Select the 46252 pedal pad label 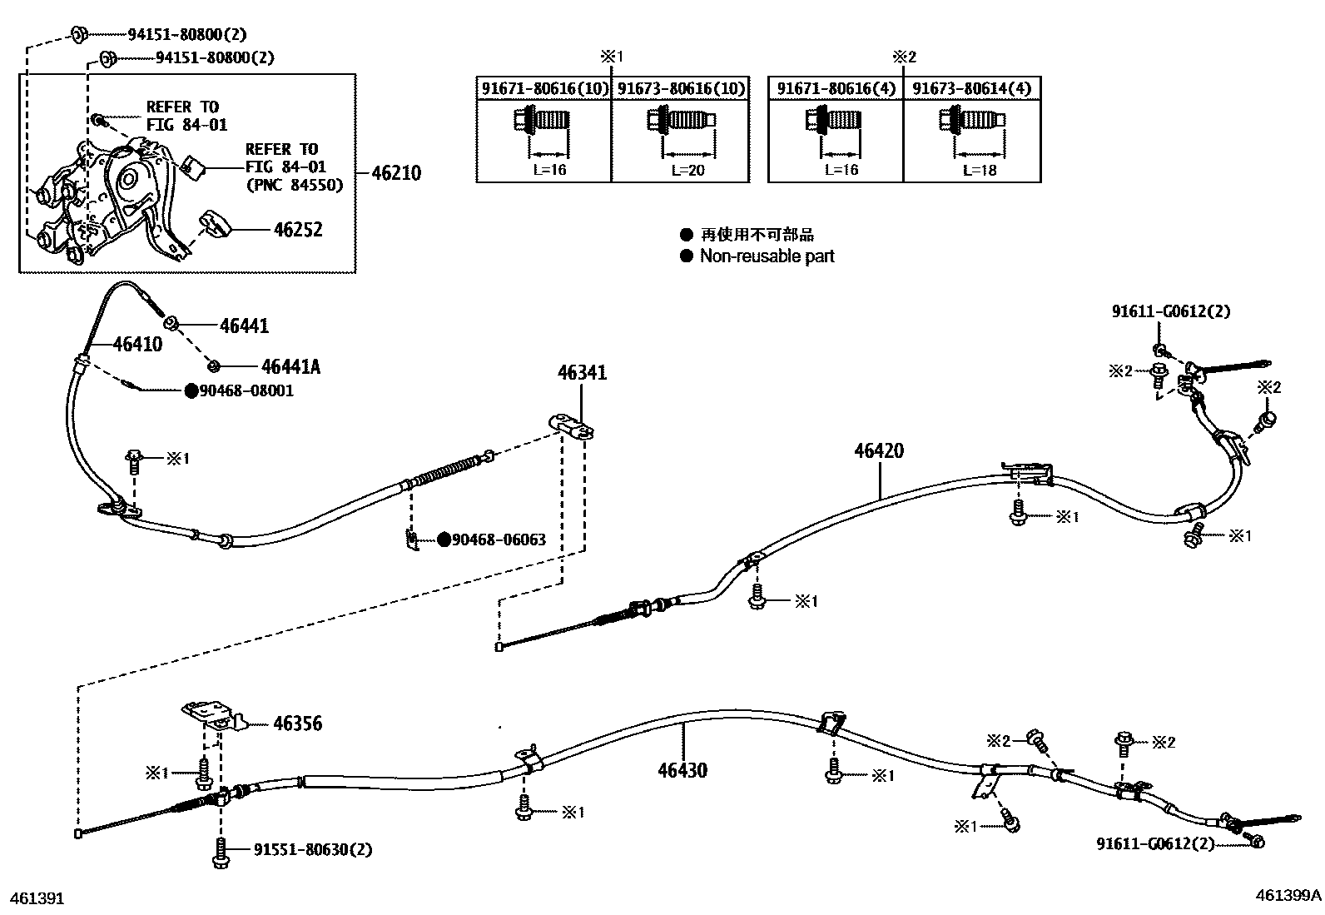pos(297,230)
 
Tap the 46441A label pos(290,366)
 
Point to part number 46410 pos(137,344)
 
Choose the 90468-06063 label pos(499,540)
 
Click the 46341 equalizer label pos(582,372)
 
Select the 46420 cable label pos(878,450)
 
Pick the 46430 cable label pos(682,769)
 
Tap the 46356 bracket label pos(297,724)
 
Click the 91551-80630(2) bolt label pos(312,849)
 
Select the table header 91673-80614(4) pos(971,88)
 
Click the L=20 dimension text pos(688,170)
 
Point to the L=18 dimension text pos(979,170)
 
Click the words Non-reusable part pos(767,256)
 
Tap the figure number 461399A pos(1288,896)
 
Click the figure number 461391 pos(36,898)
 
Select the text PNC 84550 pos(294,186)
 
